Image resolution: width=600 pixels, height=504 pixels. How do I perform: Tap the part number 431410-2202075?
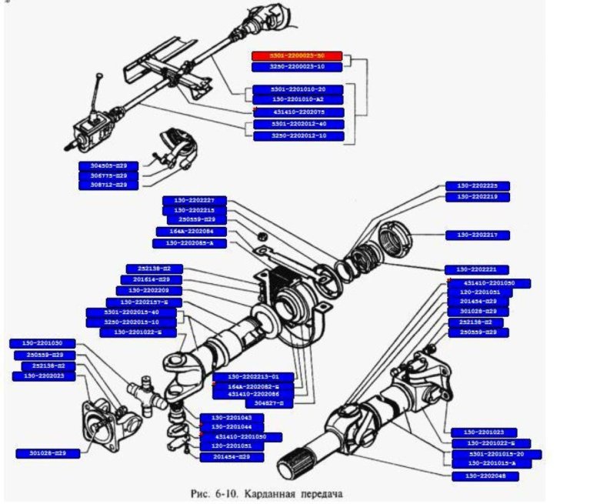[x=298, y=112]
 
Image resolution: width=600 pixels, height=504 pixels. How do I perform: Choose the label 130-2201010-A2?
[x=298, y=100]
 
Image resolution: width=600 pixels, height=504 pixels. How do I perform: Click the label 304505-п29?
[x=108, y=165]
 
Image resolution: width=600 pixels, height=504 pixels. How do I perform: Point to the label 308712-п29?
[x=108, y=185]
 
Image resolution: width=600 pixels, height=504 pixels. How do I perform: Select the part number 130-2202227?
[x=194, y=200]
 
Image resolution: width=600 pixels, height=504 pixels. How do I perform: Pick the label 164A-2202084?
[x=185, y=231]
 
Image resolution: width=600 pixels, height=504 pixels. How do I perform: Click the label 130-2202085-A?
[x=184, y=243]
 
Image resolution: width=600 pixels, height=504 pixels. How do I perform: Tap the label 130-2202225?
[x=478, y=186]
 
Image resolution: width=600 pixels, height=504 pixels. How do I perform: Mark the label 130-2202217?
[x=478, y=235]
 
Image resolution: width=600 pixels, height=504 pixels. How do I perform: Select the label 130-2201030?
[x=43, y=343]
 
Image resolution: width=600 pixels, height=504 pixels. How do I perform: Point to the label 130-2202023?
[x=43, y=375]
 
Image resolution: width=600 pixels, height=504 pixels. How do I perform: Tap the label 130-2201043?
[x=232, y=418]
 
